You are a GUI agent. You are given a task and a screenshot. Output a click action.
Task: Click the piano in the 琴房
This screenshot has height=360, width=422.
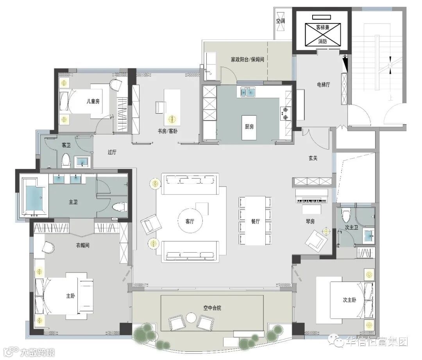pyautogui.click(x=312, y=196)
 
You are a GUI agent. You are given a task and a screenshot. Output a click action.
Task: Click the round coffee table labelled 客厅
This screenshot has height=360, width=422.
pyautogui.click(x=190, y=221)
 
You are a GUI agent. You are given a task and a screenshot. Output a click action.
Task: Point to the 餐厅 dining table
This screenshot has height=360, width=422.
pyautogui.click(x=255, y=221)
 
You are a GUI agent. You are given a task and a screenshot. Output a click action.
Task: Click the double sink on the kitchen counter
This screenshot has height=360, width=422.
pyautogui.click(x=248, y=92)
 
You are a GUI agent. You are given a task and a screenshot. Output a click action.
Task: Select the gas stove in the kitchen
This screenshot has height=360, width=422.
pyautogui.click(x=285, y=113)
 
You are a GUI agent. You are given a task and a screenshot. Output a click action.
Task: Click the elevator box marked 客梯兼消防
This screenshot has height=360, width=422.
pyautogui.click(x=323, y=34)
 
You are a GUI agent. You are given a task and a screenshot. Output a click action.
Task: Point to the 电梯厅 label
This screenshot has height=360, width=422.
pyautogui.click(x=323, y=85)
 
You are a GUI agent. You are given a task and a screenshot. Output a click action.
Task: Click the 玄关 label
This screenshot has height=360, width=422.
pyautogui.click(x=313, y=158)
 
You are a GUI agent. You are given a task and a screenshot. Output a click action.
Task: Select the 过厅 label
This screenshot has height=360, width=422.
pyautogui.click(x=112, y=152)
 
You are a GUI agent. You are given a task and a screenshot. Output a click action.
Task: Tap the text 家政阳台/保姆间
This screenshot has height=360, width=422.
pyautogui.click(x=247, y=59)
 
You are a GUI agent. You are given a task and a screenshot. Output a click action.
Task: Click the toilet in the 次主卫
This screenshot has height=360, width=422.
pyautogui.click(x=346, y=215)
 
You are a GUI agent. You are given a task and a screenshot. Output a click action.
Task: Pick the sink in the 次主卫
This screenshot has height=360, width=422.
pyautogui.click(x=368, y=235)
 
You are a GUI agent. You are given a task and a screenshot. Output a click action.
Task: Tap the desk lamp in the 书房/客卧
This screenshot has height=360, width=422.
pyautogui.click(x=172, y=119)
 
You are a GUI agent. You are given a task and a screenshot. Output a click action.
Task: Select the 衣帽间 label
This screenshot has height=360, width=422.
pyautogui.click(x=82, y=245)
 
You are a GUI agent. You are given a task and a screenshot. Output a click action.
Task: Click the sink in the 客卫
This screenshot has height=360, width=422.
pyautogui.click(x=82, y=162)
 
